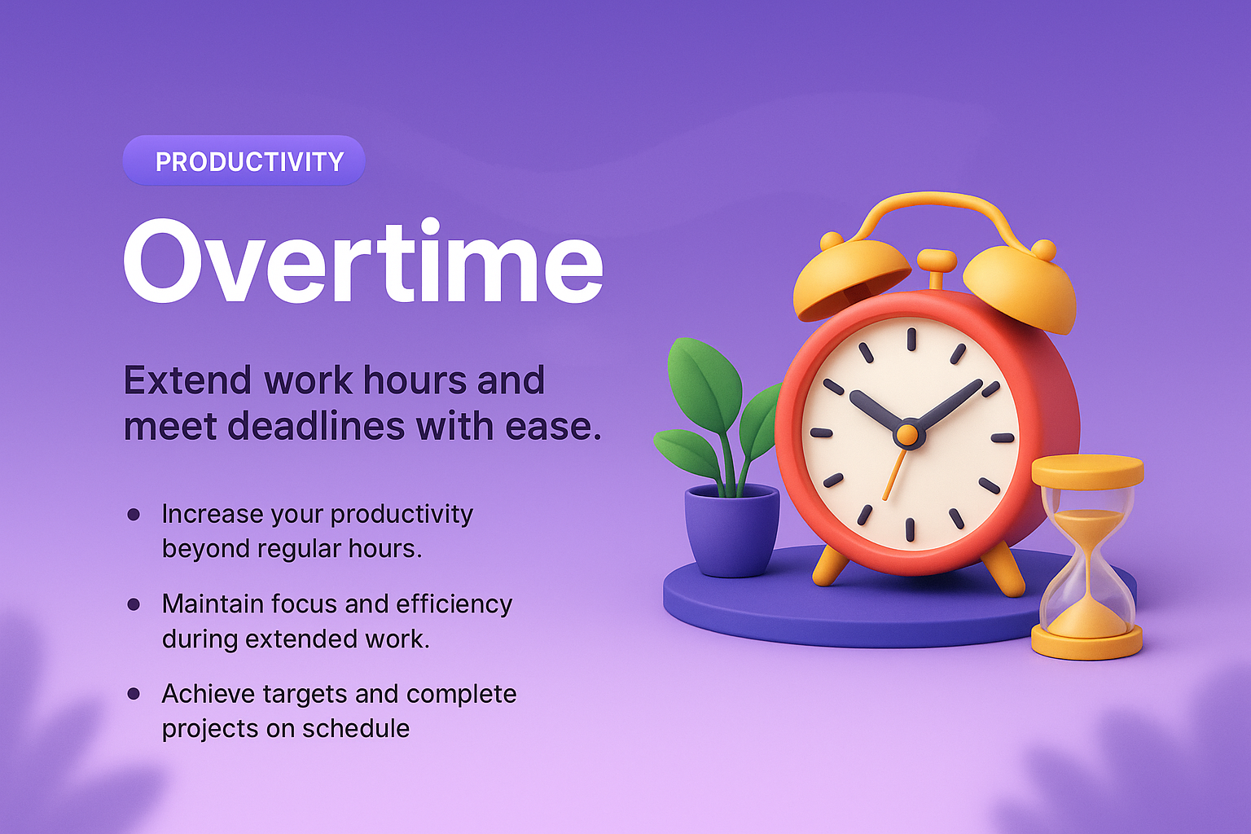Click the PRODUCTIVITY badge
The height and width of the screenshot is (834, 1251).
point(244,161)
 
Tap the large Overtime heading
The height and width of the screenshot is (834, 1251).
point(363,262)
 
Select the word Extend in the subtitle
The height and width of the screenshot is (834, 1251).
point(187,380)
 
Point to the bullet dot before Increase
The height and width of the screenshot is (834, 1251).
point(134,515)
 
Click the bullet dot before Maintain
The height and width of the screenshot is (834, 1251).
point(134,604)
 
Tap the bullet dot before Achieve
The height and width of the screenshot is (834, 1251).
point(134,694)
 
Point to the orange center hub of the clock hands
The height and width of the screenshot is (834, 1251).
point(909,433)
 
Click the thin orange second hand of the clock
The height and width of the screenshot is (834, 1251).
point(894,476)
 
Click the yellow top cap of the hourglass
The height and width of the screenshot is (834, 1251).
point(1087,472)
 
